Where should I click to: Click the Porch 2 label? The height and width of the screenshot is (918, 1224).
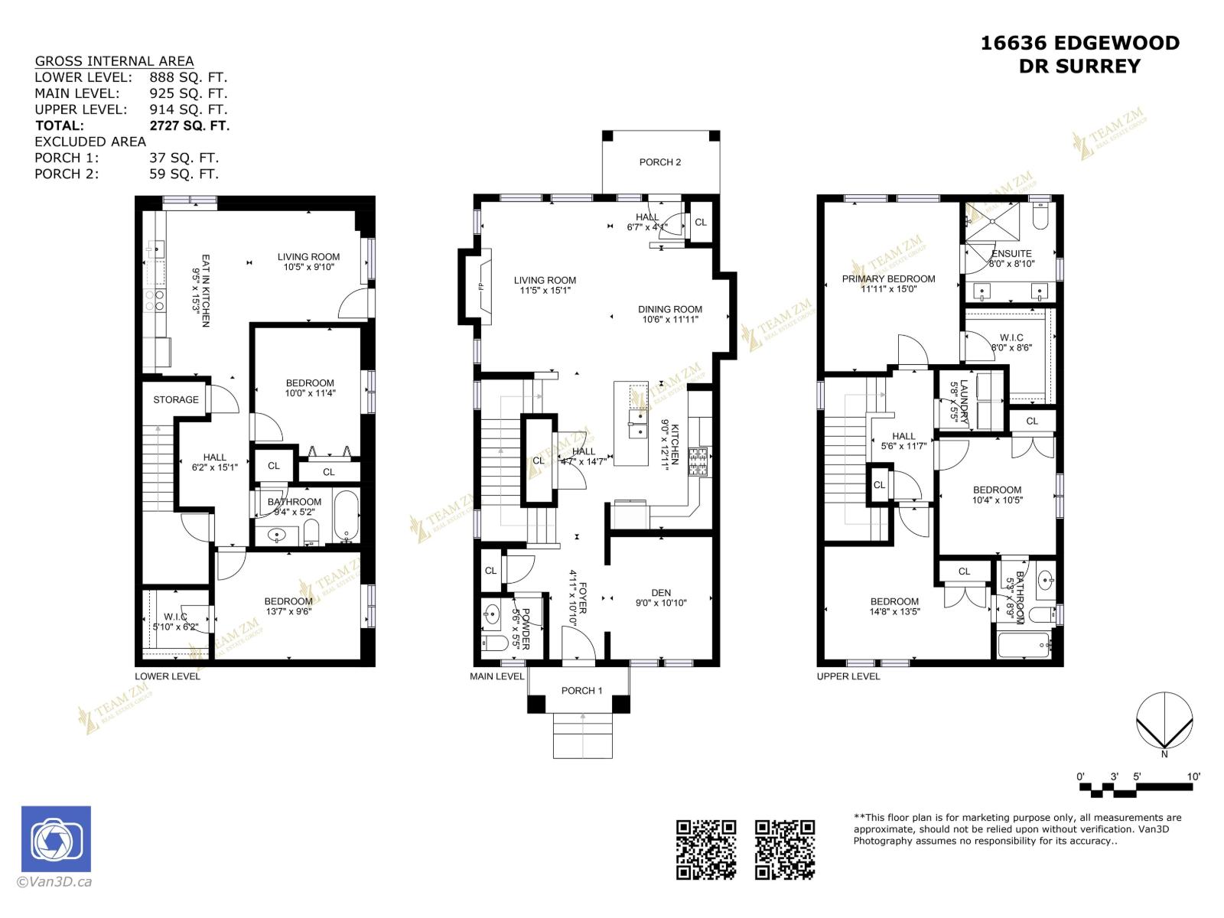coord(659,162)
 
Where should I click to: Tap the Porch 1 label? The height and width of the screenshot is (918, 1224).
coord(581,691)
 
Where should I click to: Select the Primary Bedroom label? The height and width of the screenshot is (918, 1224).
coord(888,279)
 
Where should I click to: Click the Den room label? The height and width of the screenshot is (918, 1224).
coord(661,593)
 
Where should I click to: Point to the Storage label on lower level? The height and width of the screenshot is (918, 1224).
coord(175,400)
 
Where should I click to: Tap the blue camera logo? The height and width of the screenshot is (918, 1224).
coord(56,839)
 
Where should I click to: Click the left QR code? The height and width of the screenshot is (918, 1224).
coord(705,849)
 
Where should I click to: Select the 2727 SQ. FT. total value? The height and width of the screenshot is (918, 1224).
coord(189,125)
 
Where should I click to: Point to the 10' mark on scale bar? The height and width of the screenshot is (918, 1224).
coord(1193,776)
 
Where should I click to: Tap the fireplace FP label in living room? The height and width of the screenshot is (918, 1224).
coord(481,287)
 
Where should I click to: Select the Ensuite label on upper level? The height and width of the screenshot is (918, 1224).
coord(1011,254)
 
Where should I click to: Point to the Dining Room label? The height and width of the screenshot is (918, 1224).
coord(669,310)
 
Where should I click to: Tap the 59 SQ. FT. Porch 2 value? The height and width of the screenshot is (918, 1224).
coord(184,174)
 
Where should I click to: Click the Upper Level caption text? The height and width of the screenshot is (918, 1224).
coord(848,676)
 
